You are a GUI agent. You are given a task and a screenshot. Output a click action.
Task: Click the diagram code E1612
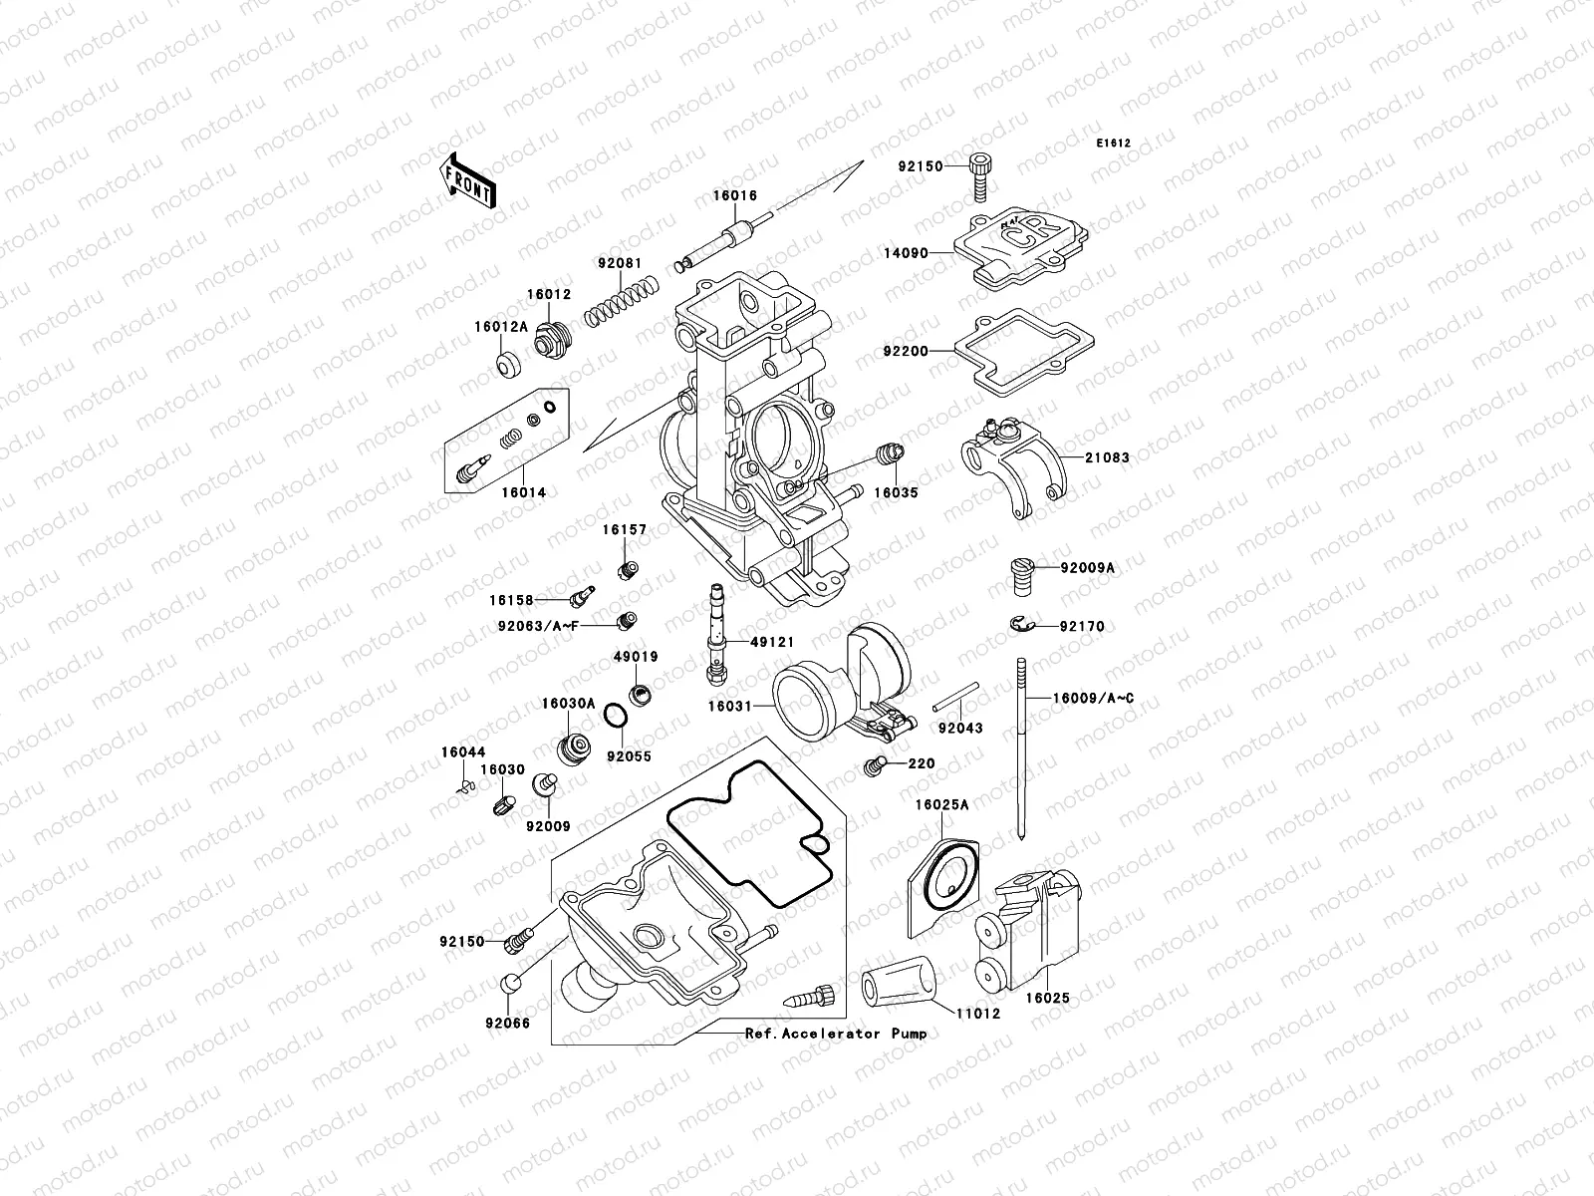coord(1114,144)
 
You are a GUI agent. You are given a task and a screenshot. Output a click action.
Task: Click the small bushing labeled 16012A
coord(509,366)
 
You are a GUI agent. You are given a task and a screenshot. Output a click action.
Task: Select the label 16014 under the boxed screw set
coord(523,492)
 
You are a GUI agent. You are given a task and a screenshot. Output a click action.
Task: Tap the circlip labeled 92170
coord(1018,625)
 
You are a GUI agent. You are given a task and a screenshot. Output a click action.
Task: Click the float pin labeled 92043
coord(957,696)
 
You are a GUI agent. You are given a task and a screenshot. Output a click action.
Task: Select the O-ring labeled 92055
coord(616,716)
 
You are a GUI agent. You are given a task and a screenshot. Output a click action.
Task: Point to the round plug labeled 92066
coord(507,985)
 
